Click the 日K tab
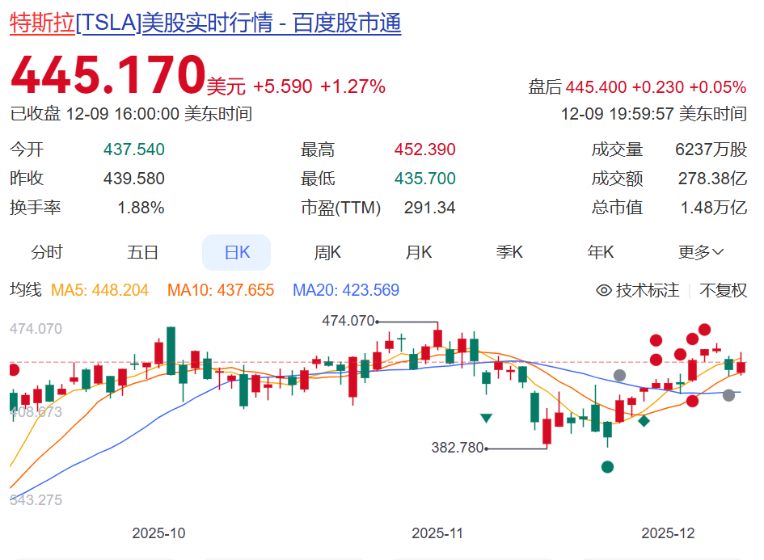pos(236,253)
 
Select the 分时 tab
pos(47,253)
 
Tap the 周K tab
pos(327,253)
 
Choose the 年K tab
pos(601,253)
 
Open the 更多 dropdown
pos(700,253)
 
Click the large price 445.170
pos(108,75)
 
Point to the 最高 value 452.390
pos(424,149)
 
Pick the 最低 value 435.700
pos(424,179)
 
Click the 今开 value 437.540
pos(134,149)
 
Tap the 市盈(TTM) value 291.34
pos(429,208)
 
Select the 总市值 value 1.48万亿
pos(712,208)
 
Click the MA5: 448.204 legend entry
pos(100,290)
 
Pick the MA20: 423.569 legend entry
pos(346,290)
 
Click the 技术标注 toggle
pos(638,290)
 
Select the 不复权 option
pos(724,290)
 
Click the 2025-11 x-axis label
pos(437,533)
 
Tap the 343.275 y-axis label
pos(36,500)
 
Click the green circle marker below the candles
pos(607,466)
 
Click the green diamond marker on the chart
pos(644,420)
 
